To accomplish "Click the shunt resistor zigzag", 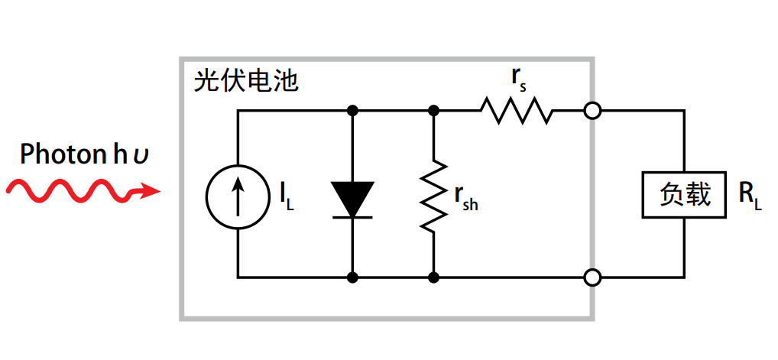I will [x=433, y=194].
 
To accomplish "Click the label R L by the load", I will [x=750, y=196].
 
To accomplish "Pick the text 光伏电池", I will [x=245, y=81].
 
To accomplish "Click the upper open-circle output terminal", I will [x=592, y=111].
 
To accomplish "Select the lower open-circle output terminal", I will [x=592, y=277].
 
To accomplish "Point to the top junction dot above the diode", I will [x=352, y=111].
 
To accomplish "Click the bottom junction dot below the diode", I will [x=352, y=277].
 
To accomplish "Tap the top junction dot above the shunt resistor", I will [x=433, y=111].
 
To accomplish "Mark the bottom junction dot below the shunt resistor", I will [x=433, y=277].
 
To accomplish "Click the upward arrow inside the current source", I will [x=237, y=195].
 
